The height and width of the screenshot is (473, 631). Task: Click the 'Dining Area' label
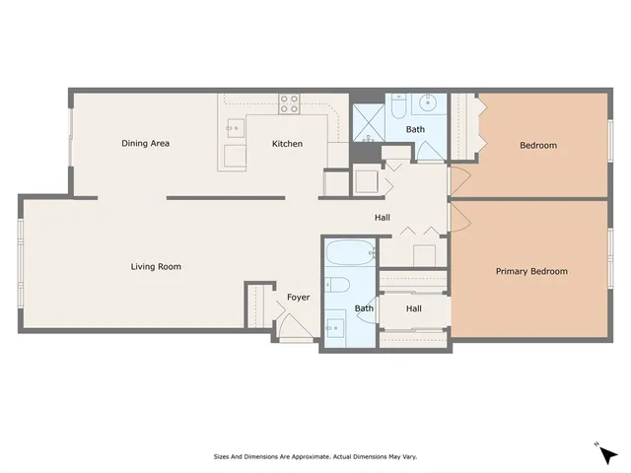(x=145, y=144)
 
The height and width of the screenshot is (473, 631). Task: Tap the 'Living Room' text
(x=156, y=266)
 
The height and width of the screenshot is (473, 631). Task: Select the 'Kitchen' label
(x=287, y=144)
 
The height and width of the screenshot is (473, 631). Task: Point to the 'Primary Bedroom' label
(x=530, y=271)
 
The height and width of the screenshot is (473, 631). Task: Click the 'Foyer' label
(x=298, y=297)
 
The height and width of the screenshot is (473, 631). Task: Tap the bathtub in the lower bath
(x=349, y=253)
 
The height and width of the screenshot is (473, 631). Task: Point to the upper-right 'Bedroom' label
(x=538, y=146)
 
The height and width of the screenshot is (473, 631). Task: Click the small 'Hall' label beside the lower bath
(x=414, y=308)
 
